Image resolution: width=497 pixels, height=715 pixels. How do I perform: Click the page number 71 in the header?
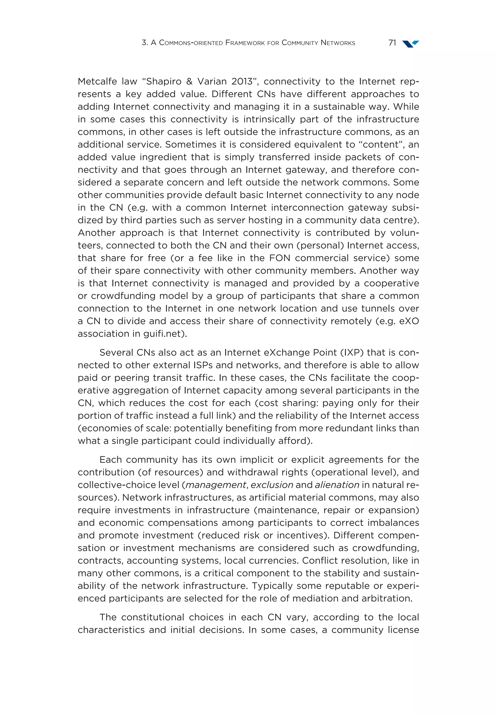pos(392,43)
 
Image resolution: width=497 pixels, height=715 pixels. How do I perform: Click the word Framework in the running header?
pos(245,43)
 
